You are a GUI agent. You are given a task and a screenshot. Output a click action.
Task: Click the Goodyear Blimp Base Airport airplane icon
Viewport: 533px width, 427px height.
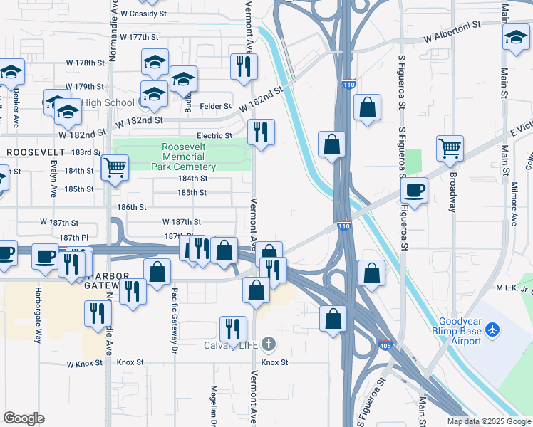(x=492, y=330)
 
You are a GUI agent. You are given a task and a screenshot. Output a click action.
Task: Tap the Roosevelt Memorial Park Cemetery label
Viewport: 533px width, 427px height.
(x=183, y=157)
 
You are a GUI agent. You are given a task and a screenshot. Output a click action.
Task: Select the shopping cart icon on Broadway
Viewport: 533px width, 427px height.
(x=450, y=149)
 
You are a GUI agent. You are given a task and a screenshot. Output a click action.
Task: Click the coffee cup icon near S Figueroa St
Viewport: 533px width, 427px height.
(x=414, y=190)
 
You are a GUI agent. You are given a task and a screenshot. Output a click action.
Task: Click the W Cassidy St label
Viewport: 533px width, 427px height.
(x=143, y=14)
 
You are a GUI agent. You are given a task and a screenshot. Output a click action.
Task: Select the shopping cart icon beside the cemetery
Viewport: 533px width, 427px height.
(x=114, y=169)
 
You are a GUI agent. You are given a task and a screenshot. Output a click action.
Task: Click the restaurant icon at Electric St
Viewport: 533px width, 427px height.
(x=261, y=132)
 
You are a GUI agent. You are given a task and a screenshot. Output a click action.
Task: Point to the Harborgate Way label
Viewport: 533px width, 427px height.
(x=38, y=314)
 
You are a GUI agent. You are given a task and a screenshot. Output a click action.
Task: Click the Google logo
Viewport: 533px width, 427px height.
(x=24, y=418)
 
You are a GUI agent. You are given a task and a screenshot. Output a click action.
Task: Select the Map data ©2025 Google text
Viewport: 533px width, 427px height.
(x=488, y=421)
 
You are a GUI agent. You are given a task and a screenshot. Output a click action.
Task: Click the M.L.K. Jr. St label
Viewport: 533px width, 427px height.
(x=514, y=288)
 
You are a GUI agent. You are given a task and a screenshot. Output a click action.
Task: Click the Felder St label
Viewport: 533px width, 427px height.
(x=211, y=106)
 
